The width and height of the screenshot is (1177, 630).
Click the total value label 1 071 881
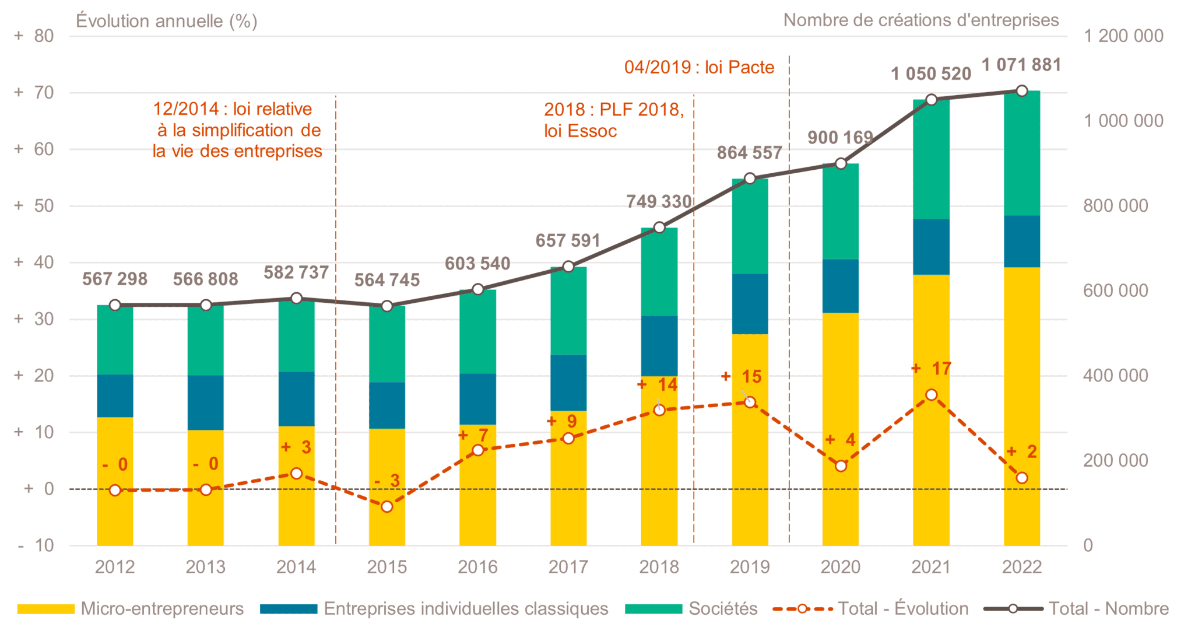[x=1021, y=65]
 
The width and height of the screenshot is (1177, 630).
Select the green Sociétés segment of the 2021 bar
[x=931, y=159]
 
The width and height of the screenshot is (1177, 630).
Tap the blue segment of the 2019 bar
[x=750, y=304]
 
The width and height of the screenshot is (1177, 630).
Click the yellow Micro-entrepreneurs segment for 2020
[x=840, y=429]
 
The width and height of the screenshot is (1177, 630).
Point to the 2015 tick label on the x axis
[x=387, y=567]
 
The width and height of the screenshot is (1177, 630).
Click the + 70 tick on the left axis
[x=34, y=92]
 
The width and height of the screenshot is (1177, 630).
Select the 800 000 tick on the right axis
[x=1115, y=205]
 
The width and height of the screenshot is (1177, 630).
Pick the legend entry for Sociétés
[x=691, y=609]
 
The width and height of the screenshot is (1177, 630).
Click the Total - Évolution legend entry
[x=870, y=609]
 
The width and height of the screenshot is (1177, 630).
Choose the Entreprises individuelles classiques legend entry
[x=434, y=609]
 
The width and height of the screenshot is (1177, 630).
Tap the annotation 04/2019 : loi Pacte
[x=699, y=67]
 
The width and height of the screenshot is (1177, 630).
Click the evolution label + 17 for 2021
[x=931, y=369]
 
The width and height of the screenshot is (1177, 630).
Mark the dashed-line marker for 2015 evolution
[x=387, y=506]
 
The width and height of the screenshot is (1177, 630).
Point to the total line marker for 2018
[x=659, y=228]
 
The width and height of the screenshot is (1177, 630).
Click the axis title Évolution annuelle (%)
[x=167, y=21]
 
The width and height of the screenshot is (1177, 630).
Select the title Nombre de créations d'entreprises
[x=921, y=20]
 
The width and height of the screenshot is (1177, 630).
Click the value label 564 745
[x=387, y=280]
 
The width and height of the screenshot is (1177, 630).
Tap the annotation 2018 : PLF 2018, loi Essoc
[x=614, y=120]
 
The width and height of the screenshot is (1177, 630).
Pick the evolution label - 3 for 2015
[x=387, y=481]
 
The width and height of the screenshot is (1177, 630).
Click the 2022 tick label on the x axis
[x=1021, y=567]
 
